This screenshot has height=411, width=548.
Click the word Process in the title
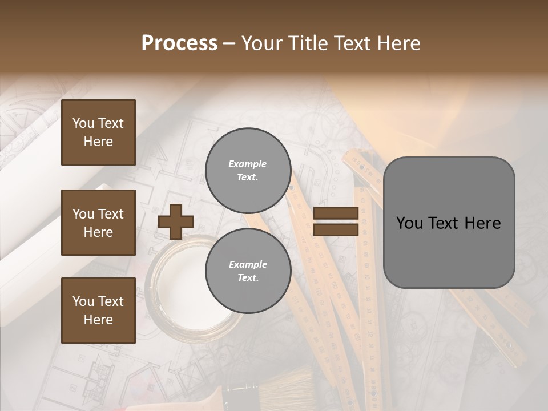179,43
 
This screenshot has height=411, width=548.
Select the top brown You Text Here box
98,132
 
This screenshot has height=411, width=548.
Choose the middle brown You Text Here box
98,223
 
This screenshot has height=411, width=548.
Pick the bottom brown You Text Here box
98,311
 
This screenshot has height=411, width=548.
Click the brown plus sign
176,221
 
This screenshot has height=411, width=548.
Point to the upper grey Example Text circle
248,171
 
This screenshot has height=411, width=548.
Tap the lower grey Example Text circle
248,271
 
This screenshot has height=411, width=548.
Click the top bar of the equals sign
336,213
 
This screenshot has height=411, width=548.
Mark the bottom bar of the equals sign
336,230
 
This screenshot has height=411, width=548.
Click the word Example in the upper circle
247,164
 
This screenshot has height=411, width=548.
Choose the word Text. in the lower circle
248,278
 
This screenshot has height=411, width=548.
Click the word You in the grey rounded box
409,223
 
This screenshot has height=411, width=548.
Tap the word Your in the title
262,43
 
